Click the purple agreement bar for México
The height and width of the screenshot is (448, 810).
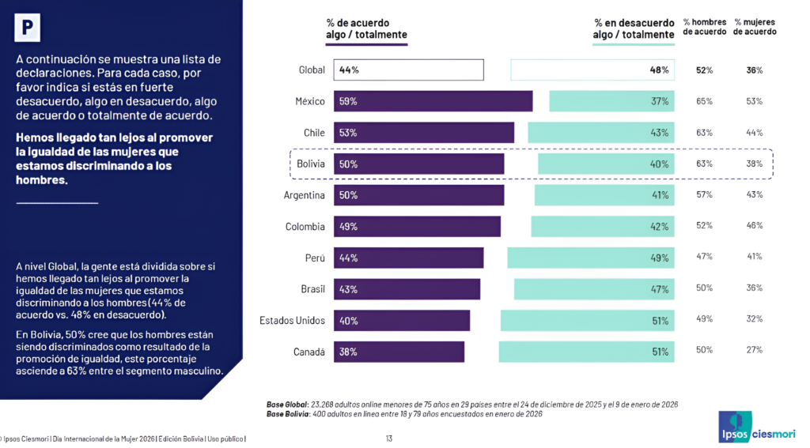click(x=433, y=101)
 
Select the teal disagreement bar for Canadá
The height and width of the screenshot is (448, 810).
click(x=586, y=352)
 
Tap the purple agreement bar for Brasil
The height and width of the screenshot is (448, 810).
click(x=407, y=289)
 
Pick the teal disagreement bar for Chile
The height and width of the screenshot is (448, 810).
click(x=601, y=132)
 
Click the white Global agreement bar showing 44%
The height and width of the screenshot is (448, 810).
click(x=408, y=70)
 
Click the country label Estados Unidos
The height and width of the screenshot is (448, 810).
click(x=292, y=321)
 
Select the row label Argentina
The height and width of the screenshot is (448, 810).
click(x=305, y=195)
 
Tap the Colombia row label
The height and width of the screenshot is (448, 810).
click(x=305, y=227)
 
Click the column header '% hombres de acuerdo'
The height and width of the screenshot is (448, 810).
click(x=704, y=27)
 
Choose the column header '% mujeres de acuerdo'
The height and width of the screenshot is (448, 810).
click(x=755, y=27)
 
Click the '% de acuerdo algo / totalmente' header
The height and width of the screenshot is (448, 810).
click(x=366, y=28)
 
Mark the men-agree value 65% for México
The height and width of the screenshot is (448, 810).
click(x=704, y=101)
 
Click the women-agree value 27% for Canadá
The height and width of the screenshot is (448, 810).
click(x=754, y=349)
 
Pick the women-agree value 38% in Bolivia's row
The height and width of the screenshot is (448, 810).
click(x=754, y=164)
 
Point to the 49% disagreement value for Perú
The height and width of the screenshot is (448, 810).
click(x=660, y=258)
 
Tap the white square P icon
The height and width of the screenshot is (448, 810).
click(x=28, y=28)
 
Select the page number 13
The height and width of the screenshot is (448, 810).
click(x=389, y=439)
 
